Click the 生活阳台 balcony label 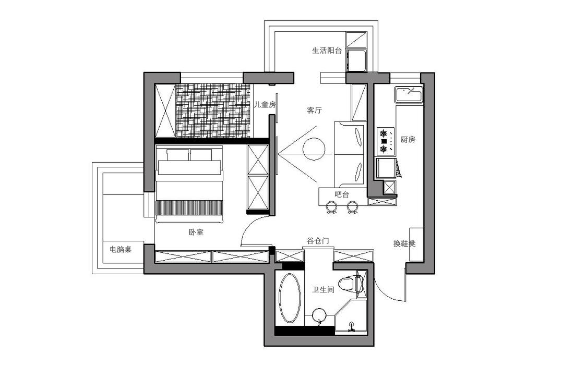click(327, 51)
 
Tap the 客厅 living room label click(314, 111)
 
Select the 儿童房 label click(265, 105)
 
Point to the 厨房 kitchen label click(408, 140)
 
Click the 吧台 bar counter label click(342, 194)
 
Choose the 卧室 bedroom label click(196, 233)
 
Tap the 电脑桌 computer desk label click(121, 250)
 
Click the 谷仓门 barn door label click(318, 241)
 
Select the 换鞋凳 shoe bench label click(404, 243)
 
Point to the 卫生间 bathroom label click(323, 290)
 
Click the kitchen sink click(409, 95)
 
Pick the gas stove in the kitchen click(385, 141)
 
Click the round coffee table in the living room click(314, 149)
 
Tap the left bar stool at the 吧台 click(332, 208)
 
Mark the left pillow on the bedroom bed click(178, 155)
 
